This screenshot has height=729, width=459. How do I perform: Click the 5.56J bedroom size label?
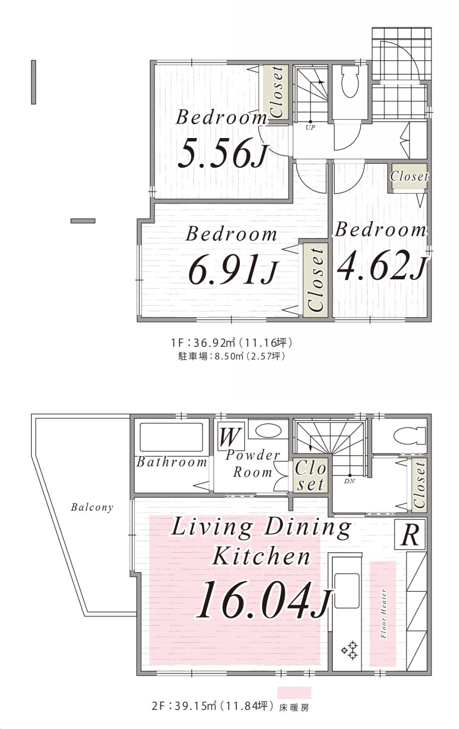(223, 153)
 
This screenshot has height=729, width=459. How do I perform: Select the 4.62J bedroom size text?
(381, 264)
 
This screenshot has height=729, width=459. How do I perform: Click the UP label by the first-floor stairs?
(310, 128)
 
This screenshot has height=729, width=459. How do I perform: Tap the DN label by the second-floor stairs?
(349, 481)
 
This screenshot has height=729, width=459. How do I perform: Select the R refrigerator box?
(410, 535)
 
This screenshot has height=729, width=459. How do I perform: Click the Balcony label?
(92, 507)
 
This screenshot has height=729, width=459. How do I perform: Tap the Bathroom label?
(171, 462)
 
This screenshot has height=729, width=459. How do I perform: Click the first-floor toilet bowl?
(350, 82)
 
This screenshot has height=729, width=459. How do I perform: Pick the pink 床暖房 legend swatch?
(294, 693)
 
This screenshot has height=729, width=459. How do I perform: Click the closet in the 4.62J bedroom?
(409, 176)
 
